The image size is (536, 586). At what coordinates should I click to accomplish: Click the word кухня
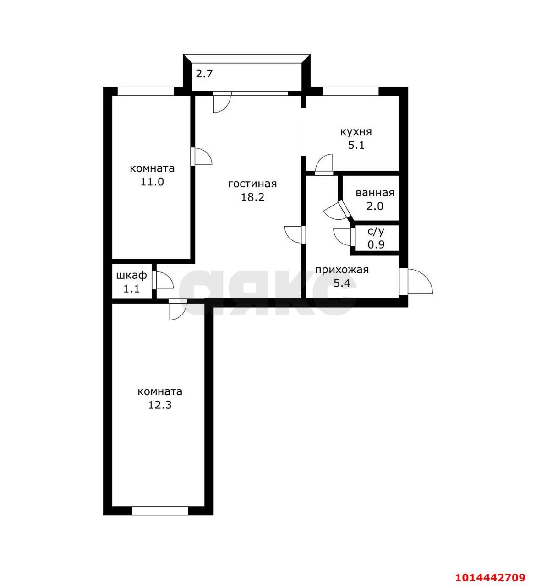coord(356,132)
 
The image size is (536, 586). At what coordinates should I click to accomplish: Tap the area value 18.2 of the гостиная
coord(252,197)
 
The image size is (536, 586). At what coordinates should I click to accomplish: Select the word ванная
coord(375,193)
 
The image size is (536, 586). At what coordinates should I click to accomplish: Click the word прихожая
coord(342,270)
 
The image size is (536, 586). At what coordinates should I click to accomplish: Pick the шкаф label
coord(131,275)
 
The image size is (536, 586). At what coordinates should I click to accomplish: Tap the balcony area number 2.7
coord(204,74)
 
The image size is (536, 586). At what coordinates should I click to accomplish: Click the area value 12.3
coord(160,405)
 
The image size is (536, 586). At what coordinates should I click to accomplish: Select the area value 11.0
coord(152,182)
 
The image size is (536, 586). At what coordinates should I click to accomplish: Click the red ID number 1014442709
coord(490,577)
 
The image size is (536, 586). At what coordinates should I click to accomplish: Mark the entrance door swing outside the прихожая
coord(416,281)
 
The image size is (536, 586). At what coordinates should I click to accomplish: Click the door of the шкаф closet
coord(163,280)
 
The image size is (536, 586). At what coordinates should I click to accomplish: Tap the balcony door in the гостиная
coord(222,102)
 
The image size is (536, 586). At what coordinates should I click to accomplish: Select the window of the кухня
coord(350,91)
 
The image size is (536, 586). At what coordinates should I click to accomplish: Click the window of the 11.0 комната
coord(146,91)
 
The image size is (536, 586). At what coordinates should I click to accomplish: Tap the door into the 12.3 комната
coord(178,309)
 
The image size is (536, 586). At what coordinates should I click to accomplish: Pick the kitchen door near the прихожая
coord(324,164)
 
